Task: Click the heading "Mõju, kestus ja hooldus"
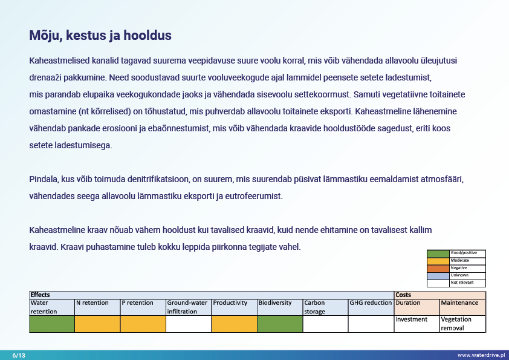[x=100, y=36]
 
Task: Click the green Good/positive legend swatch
[x=438, y=253]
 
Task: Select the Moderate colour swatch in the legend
[x=438, y=260]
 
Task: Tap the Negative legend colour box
[x=438, y=268]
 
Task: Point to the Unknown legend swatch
[x=438, y=275]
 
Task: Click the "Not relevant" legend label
[x=462, y=283]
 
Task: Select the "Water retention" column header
[x=52, y=307]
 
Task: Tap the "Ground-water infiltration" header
[x=189, y=307]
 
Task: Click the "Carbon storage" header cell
[x=325, y=307]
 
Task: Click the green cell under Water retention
[x=52, y=324]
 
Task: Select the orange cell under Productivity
[x=234, y=324]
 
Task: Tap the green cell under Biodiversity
[x=280, y=324]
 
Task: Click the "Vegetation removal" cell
[x=462, y=324]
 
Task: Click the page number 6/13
[x=19, y=355]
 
